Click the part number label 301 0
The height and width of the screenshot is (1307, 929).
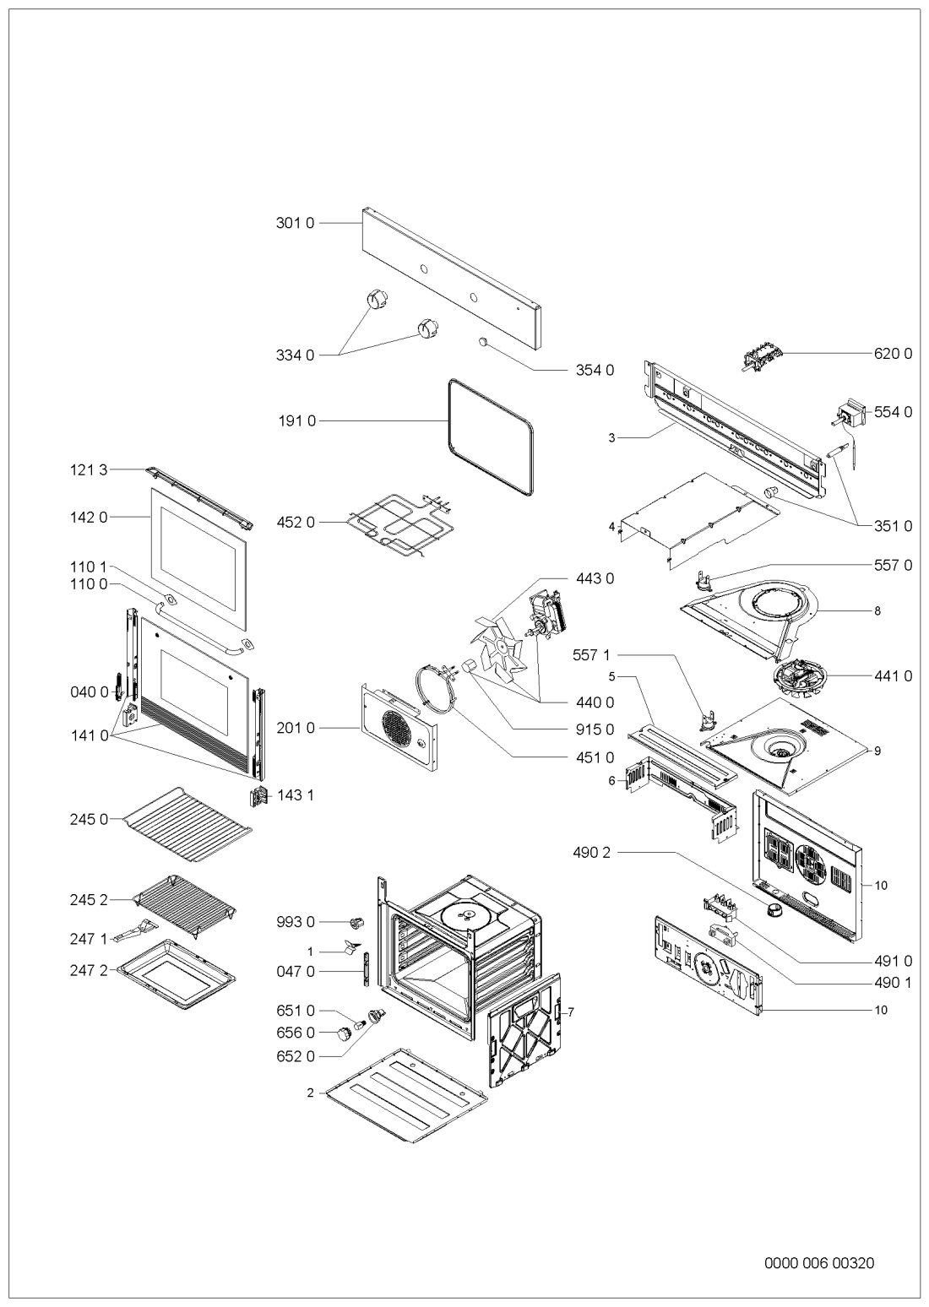tap(295, 223)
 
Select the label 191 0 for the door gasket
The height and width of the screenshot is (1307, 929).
tap(296, 420)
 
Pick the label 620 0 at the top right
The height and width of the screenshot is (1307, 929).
tap(893, 354)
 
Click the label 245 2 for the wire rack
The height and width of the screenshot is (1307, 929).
tap(90, 900)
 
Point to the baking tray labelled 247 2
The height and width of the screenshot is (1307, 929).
tap(177, 973)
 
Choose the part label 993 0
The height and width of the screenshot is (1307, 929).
tap(296, 922)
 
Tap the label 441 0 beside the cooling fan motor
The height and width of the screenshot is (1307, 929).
tap(893, 675)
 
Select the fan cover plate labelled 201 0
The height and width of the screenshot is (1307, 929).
tap(399, 726)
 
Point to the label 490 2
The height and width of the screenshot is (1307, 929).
tap(591, 853)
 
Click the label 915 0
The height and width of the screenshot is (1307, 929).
tap(595, 729)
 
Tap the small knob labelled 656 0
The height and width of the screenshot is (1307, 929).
tap(343, 1034)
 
